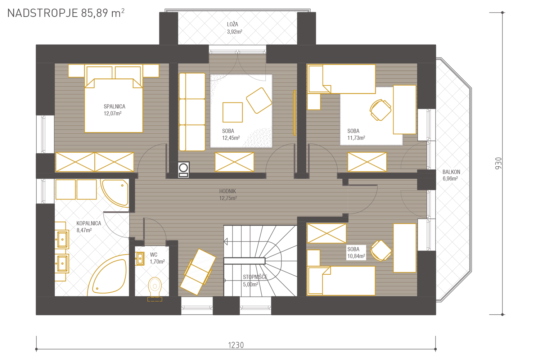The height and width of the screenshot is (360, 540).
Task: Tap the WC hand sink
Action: point(140,258)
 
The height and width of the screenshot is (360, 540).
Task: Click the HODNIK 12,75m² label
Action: point(228,195)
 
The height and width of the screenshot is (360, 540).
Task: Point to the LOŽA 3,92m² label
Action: point(235,28)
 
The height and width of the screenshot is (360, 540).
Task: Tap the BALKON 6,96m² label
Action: point(451,175)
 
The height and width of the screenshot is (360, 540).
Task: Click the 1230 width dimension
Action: point(236,345)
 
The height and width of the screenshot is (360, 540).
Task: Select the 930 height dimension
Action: point(498,163)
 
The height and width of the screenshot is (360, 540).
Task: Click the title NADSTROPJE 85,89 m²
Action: point(66,13)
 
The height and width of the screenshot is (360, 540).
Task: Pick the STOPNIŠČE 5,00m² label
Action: point(255,281)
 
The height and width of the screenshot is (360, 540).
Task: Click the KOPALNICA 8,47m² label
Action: point(89,227)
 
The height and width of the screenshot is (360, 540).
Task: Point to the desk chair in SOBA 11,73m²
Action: point(381,110)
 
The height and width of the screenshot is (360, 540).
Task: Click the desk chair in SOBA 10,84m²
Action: point(381,251)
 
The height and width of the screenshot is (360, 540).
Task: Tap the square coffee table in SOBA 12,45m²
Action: point(233,112)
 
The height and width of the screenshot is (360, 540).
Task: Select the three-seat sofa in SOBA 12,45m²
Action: point(192,112)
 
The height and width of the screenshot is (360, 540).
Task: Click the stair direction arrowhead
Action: point(226,241)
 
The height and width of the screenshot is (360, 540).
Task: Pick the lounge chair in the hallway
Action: point(198,272)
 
